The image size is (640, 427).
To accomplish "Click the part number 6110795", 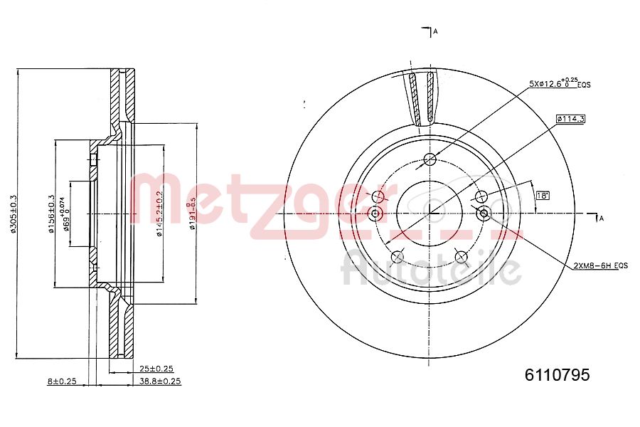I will [x=557, y=375].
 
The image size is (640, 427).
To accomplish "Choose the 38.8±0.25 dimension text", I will [x=160, y=381].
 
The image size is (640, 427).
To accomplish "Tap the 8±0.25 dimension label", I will [x=61, y=381].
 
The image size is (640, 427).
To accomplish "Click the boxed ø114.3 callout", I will [x=570, y=119].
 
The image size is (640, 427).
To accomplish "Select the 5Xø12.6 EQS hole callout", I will [x=559, y=83].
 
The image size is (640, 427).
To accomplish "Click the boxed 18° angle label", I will [x=543, y=195].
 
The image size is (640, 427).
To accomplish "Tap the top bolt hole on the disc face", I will [x=430, y=159].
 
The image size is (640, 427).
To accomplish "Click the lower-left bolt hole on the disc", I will [x=398, y=256].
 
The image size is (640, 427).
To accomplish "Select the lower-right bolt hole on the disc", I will [x=461, y=256].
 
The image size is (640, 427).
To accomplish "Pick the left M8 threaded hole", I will [x=376, y=213].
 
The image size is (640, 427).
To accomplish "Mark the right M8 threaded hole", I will [x=484, y=213].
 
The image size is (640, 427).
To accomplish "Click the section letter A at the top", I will [x=434, y=31].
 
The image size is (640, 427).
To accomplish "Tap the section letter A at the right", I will [x=601, y=218].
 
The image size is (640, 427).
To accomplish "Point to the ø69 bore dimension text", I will [x=65, y=213].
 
